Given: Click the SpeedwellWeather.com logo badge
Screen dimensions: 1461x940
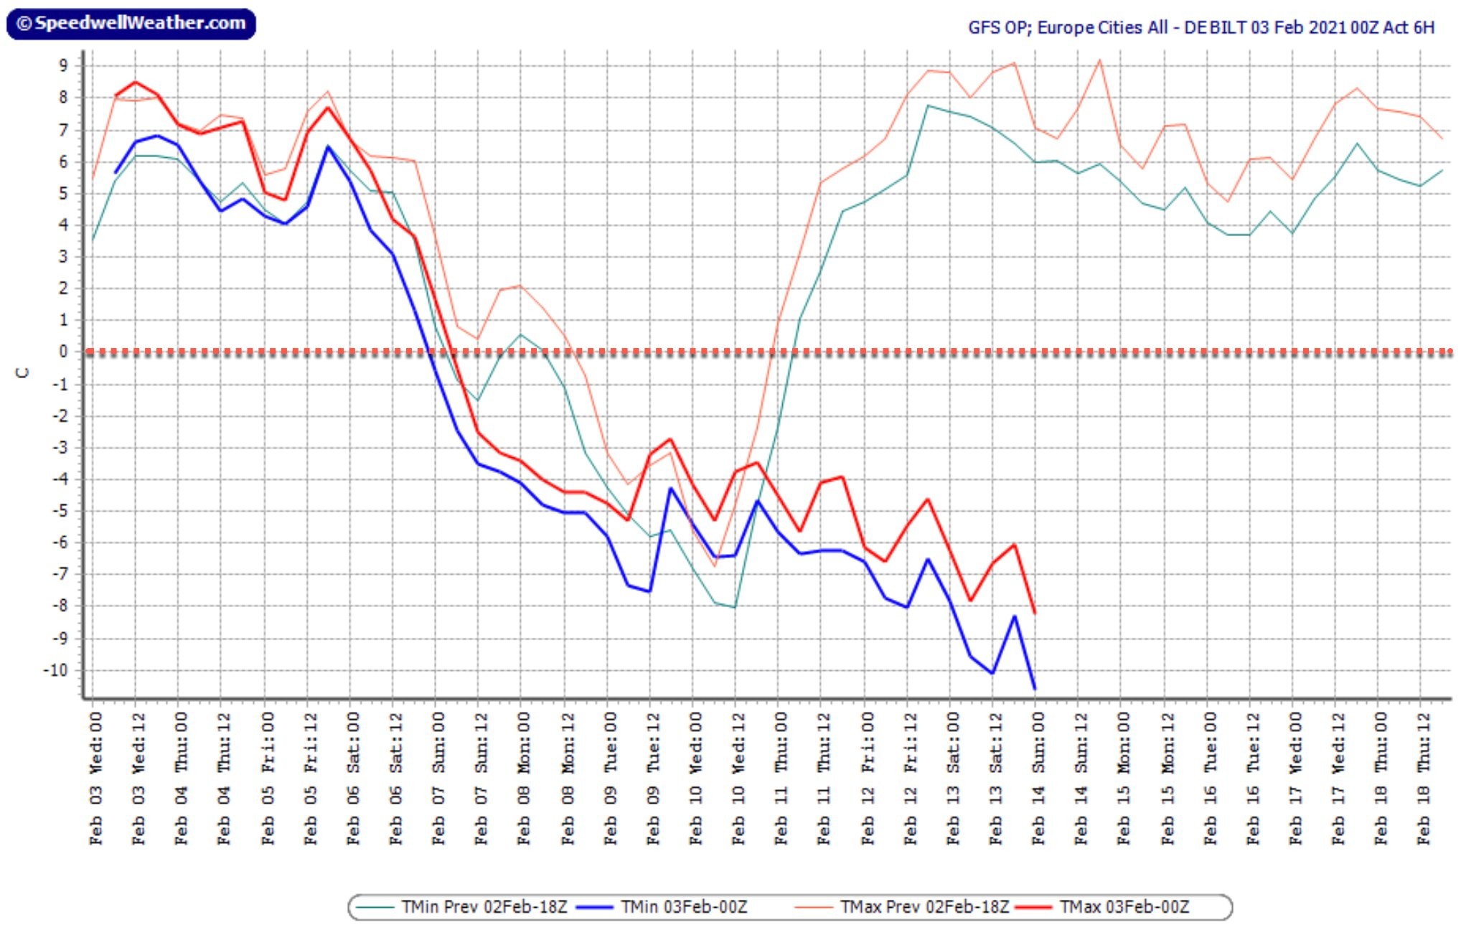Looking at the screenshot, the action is click(131, 24).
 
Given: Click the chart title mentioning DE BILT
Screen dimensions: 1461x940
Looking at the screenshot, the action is click(1201, 27).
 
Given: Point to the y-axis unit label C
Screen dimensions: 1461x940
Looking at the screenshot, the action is click(24, 372).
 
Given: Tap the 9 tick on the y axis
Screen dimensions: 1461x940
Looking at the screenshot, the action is click(63, 65).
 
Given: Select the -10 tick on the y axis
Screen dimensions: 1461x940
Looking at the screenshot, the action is click(55, 670).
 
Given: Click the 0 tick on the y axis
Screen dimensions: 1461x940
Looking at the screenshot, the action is click(63, 352).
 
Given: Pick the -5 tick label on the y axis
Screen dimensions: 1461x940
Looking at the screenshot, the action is click(60, 511).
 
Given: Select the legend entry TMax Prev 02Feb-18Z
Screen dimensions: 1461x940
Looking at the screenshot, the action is click(902, 907).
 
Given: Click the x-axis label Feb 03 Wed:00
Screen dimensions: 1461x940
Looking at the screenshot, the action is click(95, 779).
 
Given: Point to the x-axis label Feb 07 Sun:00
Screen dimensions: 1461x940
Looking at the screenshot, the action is click(438, 779).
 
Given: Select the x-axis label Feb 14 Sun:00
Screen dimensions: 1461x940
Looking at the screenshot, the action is click(1038, 779).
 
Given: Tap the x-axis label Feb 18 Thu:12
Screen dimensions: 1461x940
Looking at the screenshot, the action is click(1423, 779).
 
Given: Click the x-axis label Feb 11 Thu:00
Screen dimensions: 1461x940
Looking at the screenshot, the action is click(781, 779).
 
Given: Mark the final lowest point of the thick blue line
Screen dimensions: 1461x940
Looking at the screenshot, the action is click(1035, 689).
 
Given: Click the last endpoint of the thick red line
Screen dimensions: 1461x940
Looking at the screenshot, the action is click(1035, 613).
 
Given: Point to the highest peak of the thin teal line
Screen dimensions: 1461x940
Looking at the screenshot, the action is click(928, 105).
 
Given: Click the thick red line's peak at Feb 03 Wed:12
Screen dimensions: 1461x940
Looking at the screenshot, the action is click(136, 82).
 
